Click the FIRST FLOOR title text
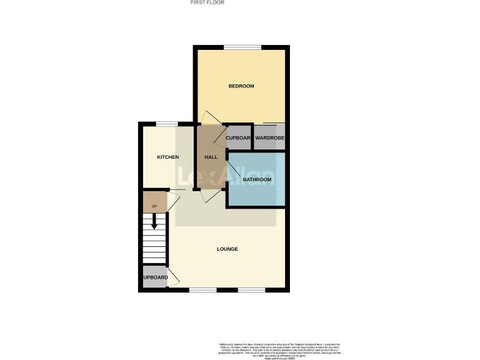(x=207, y=2)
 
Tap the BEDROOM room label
(x=241, y=86)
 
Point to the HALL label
(x=211, y=157)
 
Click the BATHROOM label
(x=257, y=180)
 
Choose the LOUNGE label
(x=227, y=249)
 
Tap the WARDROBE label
(x=269, y=137)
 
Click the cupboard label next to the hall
(x=237, y=137)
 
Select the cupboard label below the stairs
(x=155, y=277)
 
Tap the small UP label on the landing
(x=154, y=205)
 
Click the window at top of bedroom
(x=242, y=47)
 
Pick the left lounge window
(x=202, y=290)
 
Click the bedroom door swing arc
(x=209, y=117)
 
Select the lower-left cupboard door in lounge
(x=174, y=278)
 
